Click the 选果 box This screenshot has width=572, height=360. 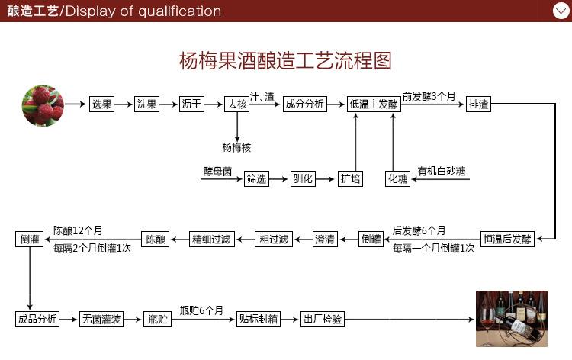(101, 104)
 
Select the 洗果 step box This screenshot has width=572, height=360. (146, 104)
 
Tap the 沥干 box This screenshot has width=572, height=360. (191, 104)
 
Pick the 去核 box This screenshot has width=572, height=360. (237, 104)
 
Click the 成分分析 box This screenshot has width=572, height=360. (304, 104)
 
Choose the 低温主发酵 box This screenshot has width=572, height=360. (374, 104)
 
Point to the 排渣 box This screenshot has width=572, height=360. (479, 104)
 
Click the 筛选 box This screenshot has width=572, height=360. (257, 179)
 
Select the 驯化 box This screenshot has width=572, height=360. (303, 179)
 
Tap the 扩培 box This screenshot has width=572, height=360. (350, 179)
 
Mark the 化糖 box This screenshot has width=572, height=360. (398, 179)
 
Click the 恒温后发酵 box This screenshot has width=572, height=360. (507, 239)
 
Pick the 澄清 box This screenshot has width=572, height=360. (325, 239)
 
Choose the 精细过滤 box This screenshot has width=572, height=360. (210, 239)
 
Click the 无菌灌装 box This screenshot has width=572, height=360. (101, 319)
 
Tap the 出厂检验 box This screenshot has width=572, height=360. (323, 319)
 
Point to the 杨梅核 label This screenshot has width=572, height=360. (237, 146)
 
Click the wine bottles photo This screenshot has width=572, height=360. (509, 319)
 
